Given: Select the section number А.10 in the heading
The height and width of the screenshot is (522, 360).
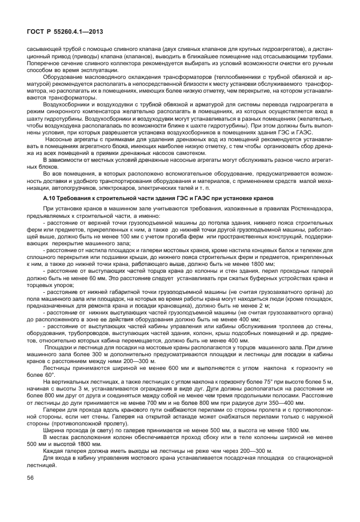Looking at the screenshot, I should click(51, 198).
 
